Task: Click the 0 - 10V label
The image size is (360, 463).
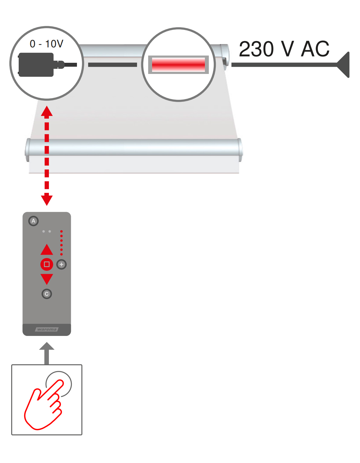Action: click(46, 44)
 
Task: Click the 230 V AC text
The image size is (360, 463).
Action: click(284, 49)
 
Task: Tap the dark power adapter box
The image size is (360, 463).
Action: click(36, 65)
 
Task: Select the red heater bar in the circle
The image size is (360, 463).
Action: click(178, 65)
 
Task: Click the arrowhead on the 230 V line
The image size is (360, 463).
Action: click(344, 65)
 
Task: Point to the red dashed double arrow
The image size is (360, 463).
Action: click(47, 156)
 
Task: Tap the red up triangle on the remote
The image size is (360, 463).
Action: click(47, 250)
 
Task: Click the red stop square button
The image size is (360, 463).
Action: click(47, 264)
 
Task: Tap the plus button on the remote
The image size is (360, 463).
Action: click(62, 264)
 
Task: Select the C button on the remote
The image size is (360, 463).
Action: click(47, 294)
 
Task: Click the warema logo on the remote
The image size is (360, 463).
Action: click(47, 329)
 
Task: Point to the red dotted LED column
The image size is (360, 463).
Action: click(62, 243)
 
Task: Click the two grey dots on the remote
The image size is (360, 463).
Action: click(46, 231)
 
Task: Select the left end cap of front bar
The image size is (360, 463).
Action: click(27, 150)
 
